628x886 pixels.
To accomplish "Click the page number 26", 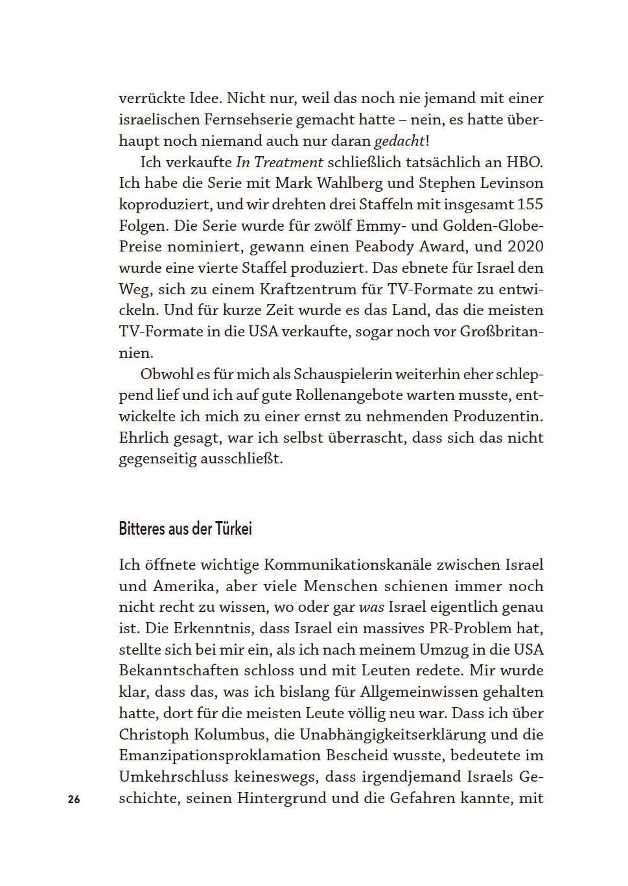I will click(73, 799).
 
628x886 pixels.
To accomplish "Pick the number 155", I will click(529, 204).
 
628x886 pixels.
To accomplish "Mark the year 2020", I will click(525, 247).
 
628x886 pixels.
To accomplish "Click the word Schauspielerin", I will click(342, 375).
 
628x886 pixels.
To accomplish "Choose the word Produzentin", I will click(498, 417).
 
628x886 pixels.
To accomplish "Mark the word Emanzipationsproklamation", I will click(220, 756).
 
